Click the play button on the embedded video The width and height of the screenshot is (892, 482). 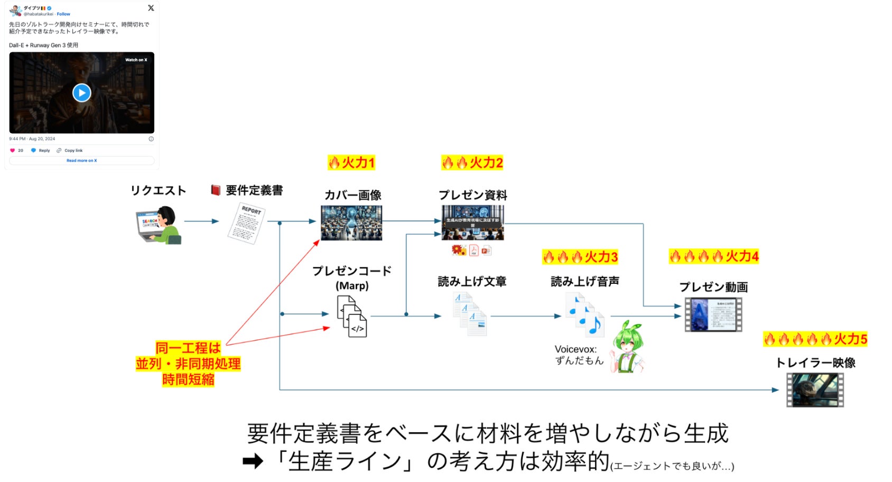click(x=81, y=93)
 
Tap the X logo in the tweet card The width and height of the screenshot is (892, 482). click(x=151, y=8)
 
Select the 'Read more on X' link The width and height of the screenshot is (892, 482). click(x=81, y=161)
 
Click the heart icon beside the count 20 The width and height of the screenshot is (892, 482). click(x=13, y=151)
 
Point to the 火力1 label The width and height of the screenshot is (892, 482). click(x=351, y=162)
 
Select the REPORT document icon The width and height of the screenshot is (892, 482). click(x=246, y=223)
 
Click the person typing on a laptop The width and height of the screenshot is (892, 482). click(x=159, y=225)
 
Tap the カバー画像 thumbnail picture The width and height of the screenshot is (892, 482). click(x=351, y=223)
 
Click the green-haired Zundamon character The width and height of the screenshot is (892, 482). click(x=628, y=346)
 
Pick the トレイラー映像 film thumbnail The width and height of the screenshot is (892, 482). click(x=815, y=390)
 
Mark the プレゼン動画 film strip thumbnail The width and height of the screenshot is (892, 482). click(x=713, y=314)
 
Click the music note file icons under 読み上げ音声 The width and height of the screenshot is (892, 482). click(x=584, y=315)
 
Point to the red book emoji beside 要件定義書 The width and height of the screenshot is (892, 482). click(x=216, y=190)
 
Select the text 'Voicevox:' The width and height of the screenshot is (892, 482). click(x=575, y=349)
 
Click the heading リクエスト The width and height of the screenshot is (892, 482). click(x=159, y=190)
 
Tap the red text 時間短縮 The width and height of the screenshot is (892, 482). click(x=188, y=379)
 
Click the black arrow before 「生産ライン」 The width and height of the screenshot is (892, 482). click(x=253, y=462)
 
